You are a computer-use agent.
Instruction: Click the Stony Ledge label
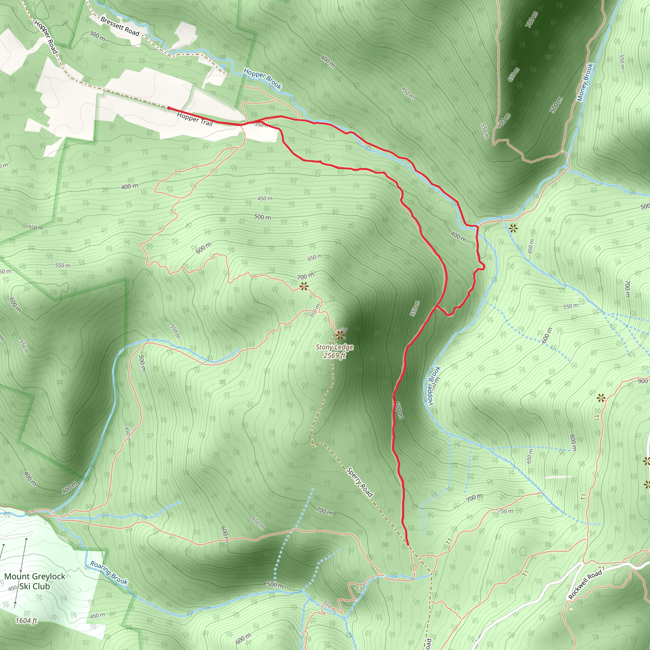click(x=335, y=347)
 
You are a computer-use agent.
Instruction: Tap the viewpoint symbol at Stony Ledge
click(x=340, y=335)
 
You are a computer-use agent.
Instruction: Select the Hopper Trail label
click(x=195, y=119)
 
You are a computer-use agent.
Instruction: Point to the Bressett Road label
click(x=120, y=26)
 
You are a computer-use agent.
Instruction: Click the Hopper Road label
click(x=46, y=36)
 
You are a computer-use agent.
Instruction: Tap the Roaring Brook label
click(x=109, y=572)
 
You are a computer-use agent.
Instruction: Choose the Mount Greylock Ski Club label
click(x=35, y=581)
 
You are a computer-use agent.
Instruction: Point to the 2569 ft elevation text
click(x=335, y=355)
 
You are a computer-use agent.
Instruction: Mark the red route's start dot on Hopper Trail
click(x=169, y=108)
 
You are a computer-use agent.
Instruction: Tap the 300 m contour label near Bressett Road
click(x=97, y=36)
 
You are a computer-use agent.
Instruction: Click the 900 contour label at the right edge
click(x=643, y=381)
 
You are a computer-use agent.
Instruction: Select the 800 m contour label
click(x=573, y=443)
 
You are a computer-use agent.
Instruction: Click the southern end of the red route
click(x=408, y=544)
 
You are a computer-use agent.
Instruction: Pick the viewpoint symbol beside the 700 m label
click(x=304, y=286)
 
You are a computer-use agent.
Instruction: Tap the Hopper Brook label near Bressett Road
click(x=262, y=79)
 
